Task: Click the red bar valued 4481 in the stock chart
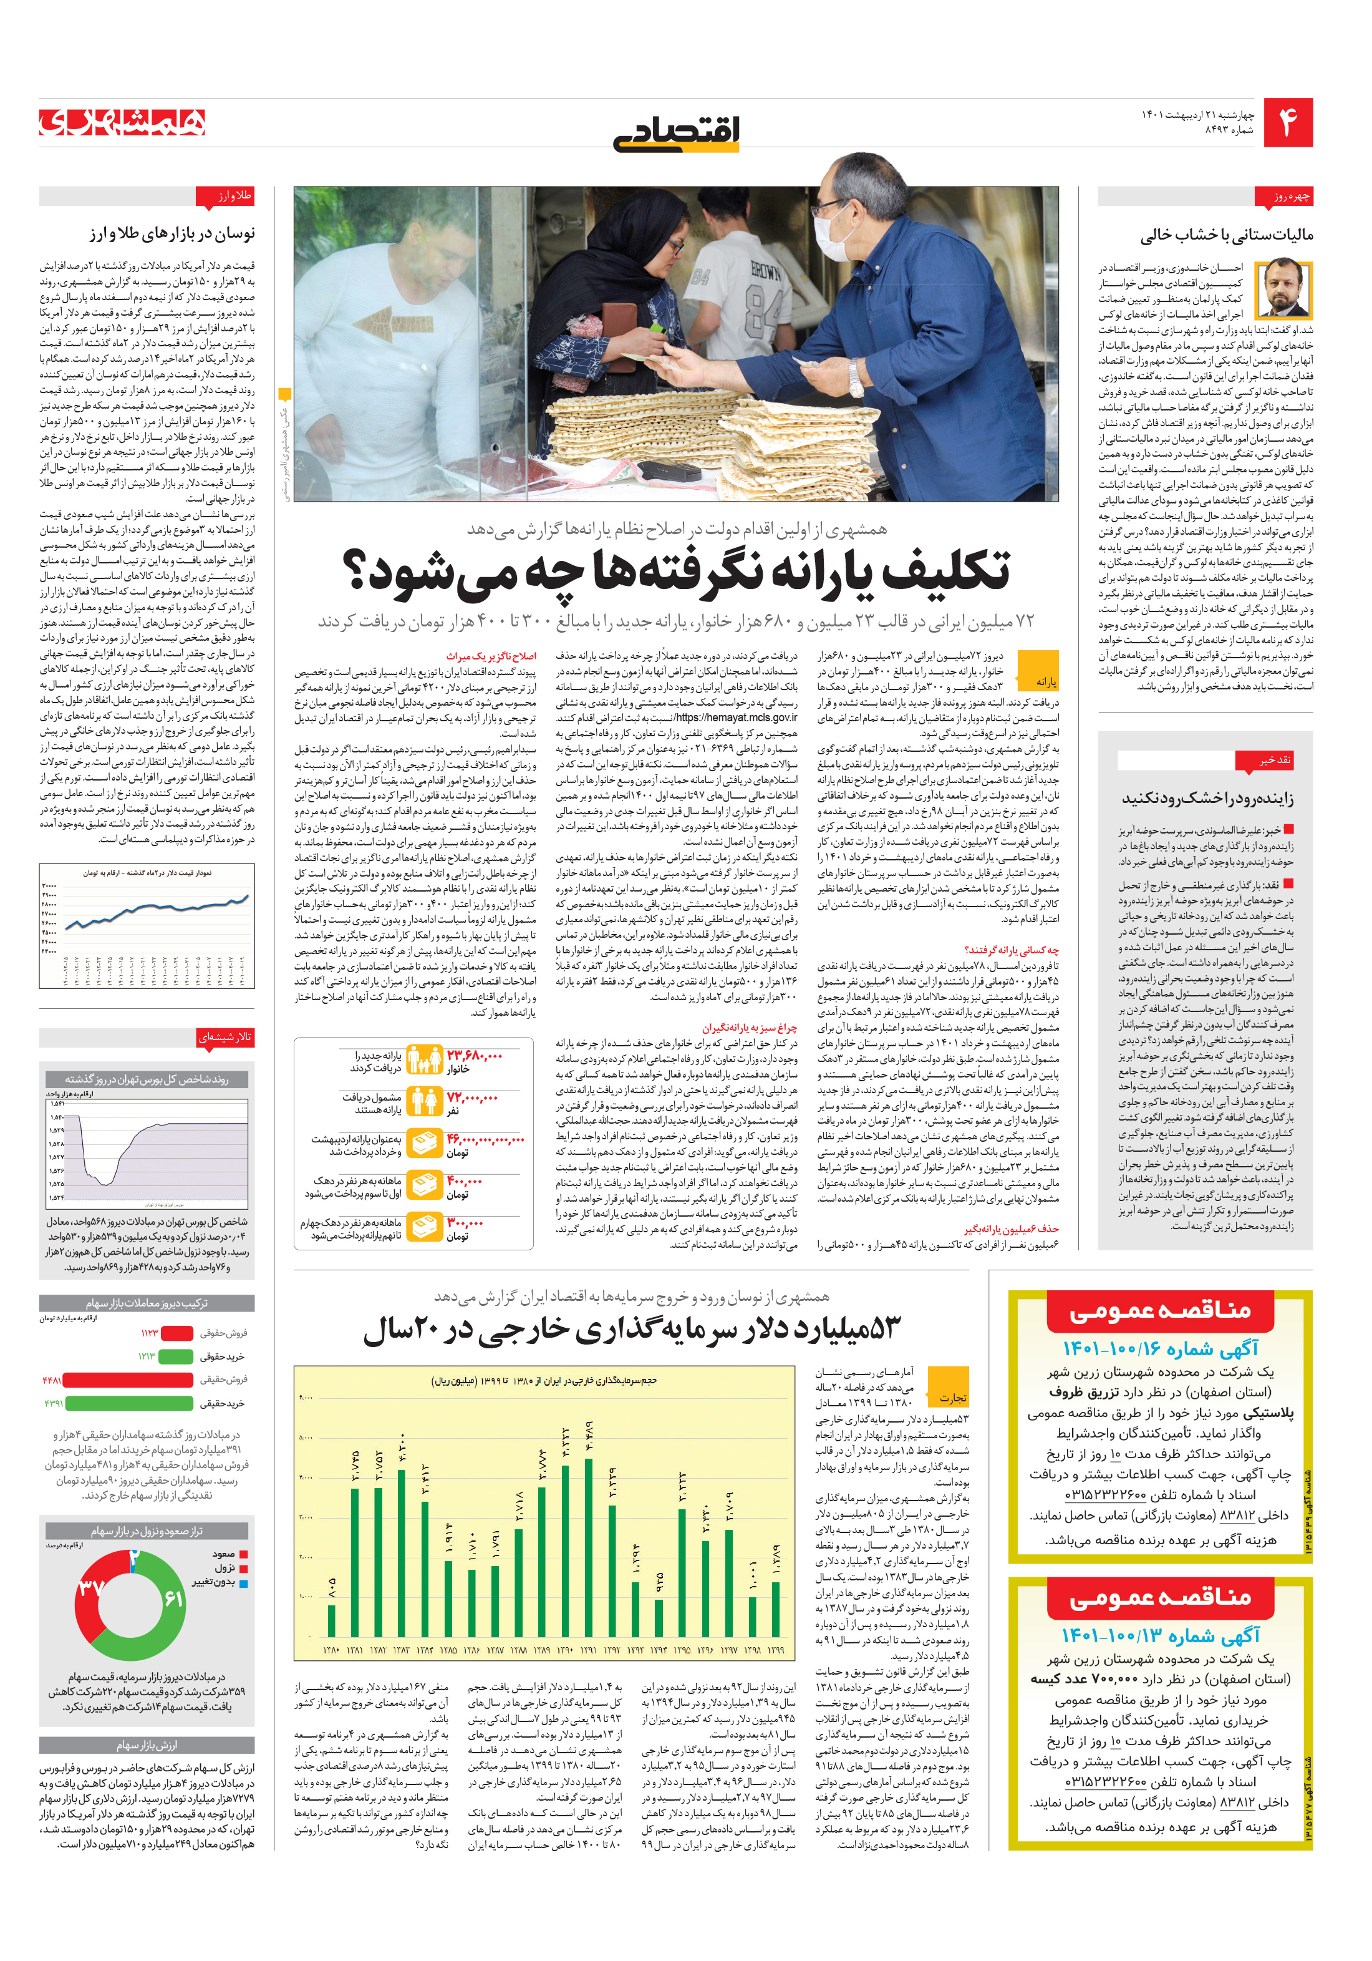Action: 128,1380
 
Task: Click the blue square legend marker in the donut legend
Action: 243,1584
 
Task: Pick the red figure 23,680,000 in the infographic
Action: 474,1056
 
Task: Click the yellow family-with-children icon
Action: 423,1060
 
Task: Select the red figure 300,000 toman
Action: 465,1222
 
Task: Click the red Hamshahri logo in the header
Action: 122,122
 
